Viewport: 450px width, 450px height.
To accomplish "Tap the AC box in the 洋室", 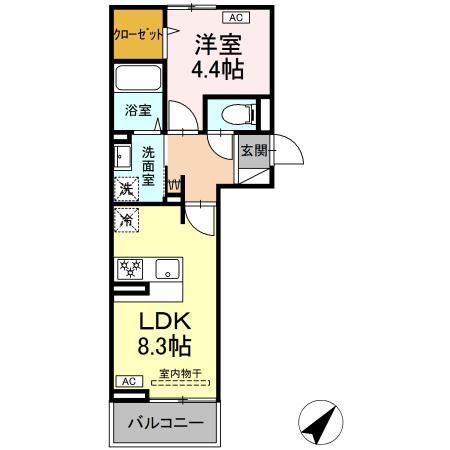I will tap(236, 17).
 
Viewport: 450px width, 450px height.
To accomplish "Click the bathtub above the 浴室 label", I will tap(136, 80).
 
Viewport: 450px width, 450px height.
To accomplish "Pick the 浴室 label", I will tap(138, 111).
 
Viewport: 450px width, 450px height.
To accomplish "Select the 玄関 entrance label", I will tap(253, 151).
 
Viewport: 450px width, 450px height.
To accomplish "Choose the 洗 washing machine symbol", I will tap(126, 188).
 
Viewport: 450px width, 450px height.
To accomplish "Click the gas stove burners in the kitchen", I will tap(131, 268).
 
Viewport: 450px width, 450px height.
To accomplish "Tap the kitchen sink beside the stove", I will tap(166, 268).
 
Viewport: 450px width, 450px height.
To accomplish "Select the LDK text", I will tap(165, 322).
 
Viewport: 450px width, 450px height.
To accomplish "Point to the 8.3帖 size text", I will tap(165, 349).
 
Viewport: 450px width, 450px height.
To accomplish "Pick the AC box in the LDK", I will tap(128, 381).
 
